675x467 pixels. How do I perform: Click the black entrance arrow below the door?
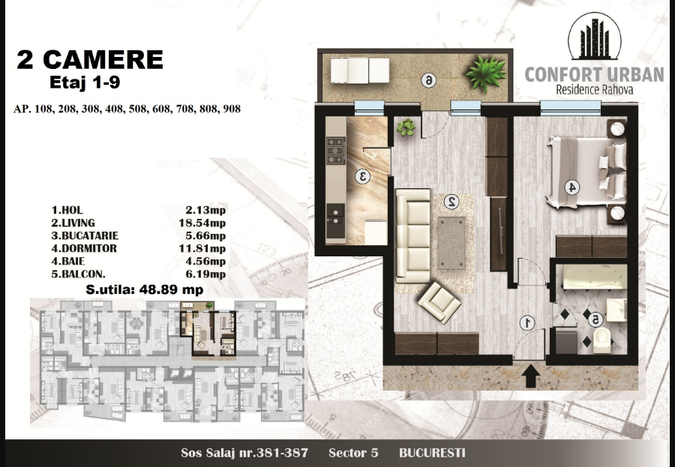(x=531, y=376)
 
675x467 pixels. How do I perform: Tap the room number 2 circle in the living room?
(x=451, y=202)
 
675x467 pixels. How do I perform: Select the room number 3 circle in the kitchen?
(x=362, y=176)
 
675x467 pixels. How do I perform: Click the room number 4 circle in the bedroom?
(x=571, y=187)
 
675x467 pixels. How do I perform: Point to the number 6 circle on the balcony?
(x=428, y=80)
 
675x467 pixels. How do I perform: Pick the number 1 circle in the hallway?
(x=527, y=323)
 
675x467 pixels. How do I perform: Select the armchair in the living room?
(x=439, y=302)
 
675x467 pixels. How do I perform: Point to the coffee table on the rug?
(x=452, y=243)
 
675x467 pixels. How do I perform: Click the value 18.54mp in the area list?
(x=202, y=223)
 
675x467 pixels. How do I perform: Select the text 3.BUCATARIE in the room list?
(x=85, y=236)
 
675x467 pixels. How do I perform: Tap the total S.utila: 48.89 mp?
(x=145, y=289)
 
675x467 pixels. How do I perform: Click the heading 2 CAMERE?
(x=90, y=59)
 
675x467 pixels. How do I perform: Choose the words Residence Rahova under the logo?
(x=595, y=89)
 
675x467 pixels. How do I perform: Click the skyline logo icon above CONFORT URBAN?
(x=595, y=36)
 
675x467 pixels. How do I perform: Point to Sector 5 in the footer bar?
(x=353, y=453)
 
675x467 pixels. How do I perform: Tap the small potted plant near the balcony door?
(x=406, y=127)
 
